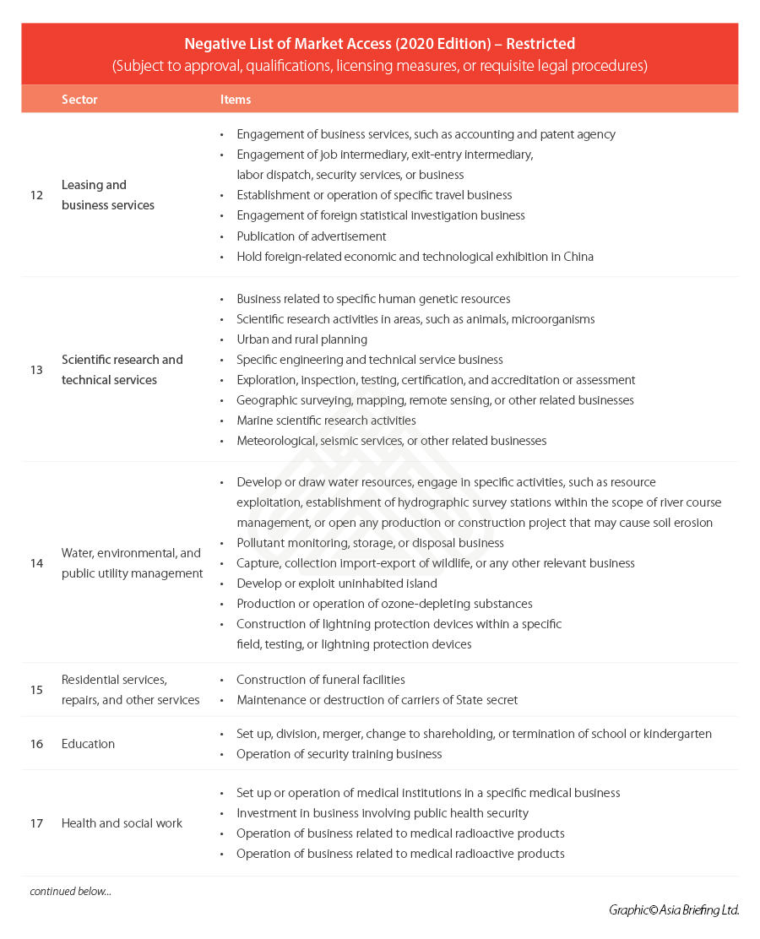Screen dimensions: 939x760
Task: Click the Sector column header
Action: pyautogui.click(x=79, y=100)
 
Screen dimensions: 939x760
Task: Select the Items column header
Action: pyautogui.click(x=236, y=100)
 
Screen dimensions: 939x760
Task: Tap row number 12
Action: pyautogui.click(x=36, y=195)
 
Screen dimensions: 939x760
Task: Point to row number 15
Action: pyautogui.click(x=36, y=690)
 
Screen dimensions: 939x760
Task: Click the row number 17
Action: pyautogui.click(x=36, y=823)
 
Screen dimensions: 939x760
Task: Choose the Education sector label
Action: pyautogui.click(x=88, y=744)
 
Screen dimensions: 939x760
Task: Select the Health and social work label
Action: pyautogui.click(x=122, y=823)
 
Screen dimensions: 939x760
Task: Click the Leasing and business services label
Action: pyautogui.click(x=107, y=195)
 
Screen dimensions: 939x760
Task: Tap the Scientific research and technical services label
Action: pyautogui.click(x=122, y=370)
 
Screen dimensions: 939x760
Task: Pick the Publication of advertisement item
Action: pyautogui.click(x=311, y=236)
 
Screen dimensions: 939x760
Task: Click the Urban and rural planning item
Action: pyautogui.click(x=301, y=339)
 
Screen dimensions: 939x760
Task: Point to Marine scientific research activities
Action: pyautogui.click(x=326, y=421)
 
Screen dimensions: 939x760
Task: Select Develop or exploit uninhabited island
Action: pyautogui.click(x=337, y=583)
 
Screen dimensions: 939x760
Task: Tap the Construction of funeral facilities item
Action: pyautogui.click(x=320, y=680)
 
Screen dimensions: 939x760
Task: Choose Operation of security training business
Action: pyautogui.click(x=339, y=754)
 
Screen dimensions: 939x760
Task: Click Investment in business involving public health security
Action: pyautogui.click(x=382, y=813)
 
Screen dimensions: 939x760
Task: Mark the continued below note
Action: pyautogui.click(x=70, y=892)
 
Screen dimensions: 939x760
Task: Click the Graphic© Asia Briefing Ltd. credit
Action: pyautogui.click(x=673, y=910)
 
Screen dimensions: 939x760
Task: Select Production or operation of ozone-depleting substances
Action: pyautogui.click(x=384, y=604)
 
